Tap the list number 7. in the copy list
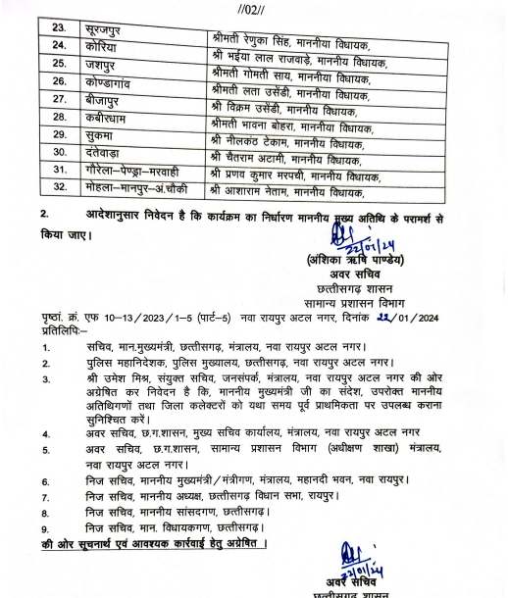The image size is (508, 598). tap(46, 497)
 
